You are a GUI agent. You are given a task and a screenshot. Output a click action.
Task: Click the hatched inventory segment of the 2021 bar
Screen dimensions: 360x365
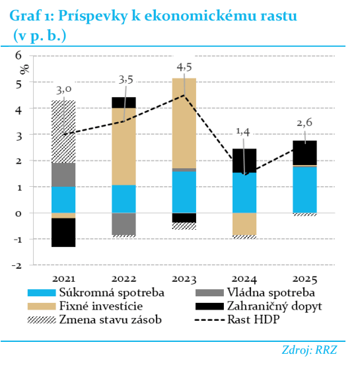point(63,131)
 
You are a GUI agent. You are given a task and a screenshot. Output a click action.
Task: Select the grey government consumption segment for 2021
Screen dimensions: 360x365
point(63,175)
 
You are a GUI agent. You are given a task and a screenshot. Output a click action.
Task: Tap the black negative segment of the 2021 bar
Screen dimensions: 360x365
point(63,232)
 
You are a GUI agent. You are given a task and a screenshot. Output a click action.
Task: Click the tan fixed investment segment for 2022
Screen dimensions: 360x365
point(124,147)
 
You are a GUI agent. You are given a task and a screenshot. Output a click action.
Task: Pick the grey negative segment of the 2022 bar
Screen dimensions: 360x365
point(124,224)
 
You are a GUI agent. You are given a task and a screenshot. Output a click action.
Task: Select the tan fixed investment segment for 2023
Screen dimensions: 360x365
point(184,123)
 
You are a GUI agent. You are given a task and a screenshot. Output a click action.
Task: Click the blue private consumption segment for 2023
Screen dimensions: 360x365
point(184,192)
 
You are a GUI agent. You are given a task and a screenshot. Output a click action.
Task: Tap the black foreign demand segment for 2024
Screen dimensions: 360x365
point(244,160)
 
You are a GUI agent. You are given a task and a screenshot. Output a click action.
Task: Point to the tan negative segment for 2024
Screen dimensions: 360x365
point(244,224)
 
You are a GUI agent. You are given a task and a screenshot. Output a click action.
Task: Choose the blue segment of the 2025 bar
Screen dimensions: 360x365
point(305,189)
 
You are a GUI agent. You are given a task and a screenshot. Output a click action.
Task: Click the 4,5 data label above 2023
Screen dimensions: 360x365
point(184,67)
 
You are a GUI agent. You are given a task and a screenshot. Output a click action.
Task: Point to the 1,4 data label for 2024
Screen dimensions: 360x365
point(243,132)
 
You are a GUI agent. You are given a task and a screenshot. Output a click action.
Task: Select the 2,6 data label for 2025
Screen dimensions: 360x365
point(305,123)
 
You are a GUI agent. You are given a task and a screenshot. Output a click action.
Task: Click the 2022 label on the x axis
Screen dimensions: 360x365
point(124,279)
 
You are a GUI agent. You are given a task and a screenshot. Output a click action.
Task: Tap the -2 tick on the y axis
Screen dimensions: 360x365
point(17,265)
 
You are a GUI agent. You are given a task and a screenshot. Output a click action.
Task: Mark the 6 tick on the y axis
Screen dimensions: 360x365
point(18,55)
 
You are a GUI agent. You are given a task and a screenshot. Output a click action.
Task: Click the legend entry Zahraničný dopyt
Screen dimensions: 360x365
point(259,306)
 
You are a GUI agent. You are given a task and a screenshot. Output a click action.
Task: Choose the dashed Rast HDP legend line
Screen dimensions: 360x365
point(209,320)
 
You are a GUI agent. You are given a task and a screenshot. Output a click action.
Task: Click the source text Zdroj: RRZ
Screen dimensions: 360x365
point(309,350)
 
